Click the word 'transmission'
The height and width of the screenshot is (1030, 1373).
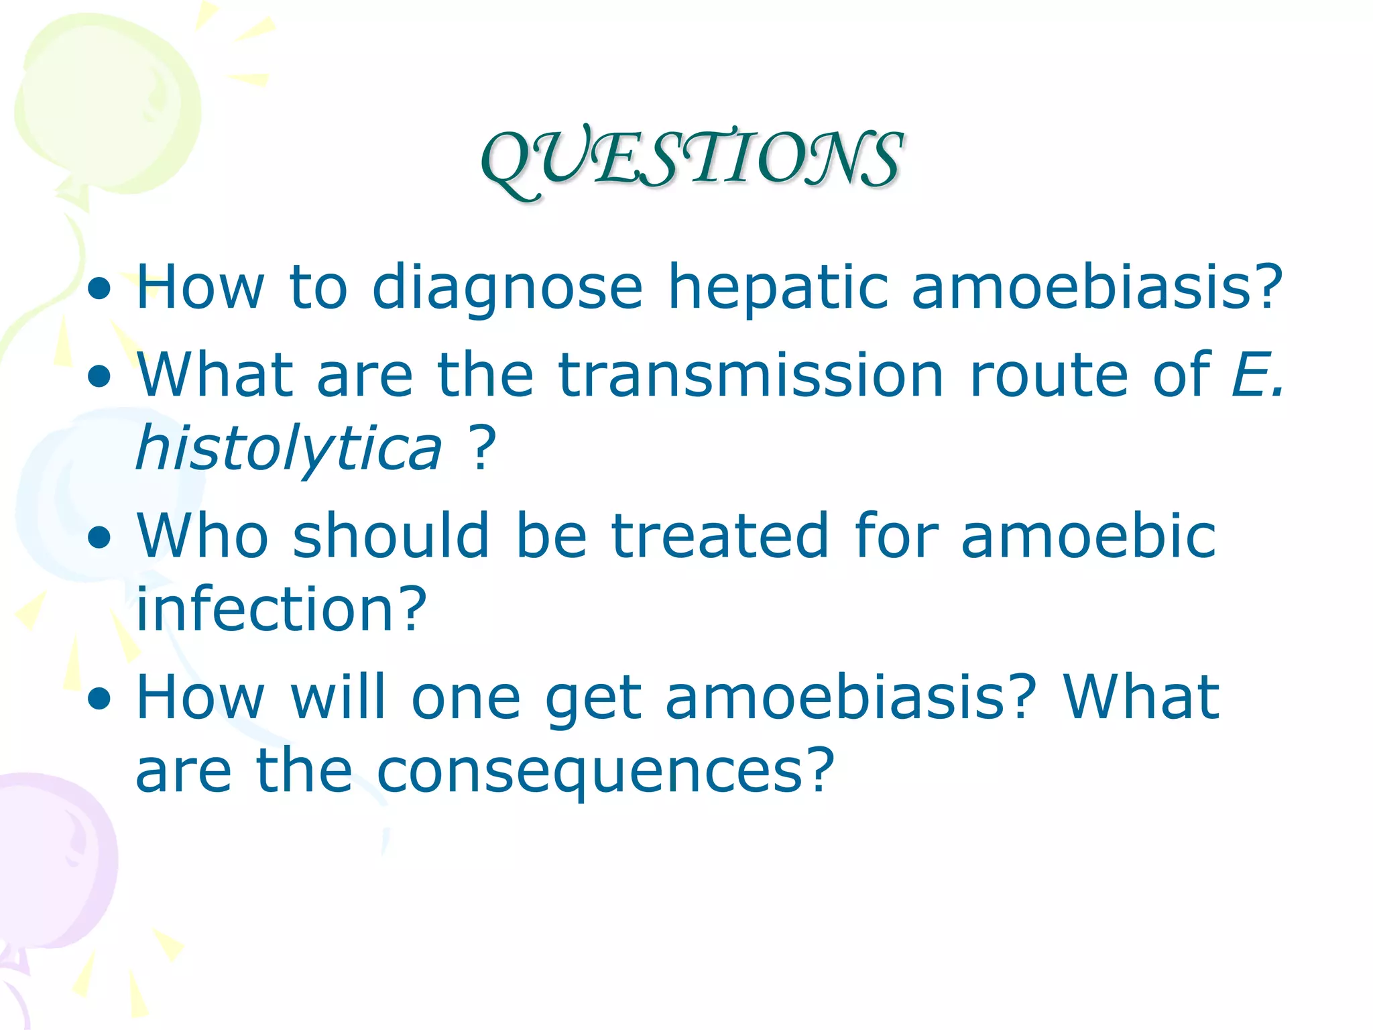click(751, 376)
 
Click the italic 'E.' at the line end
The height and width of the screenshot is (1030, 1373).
click(1257, 376)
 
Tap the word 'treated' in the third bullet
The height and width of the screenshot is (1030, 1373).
click(720, 536)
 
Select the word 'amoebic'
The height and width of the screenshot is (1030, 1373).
click(1087, 536)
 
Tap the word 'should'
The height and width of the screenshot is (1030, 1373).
click(391, 536)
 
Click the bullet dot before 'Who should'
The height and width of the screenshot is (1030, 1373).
click(99, 538)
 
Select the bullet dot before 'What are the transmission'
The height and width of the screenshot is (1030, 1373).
click(99, 378)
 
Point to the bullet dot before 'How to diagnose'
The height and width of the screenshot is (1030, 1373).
click(99, 290)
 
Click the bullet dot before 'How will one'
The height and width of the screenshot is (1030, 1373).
click(99, 699)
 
